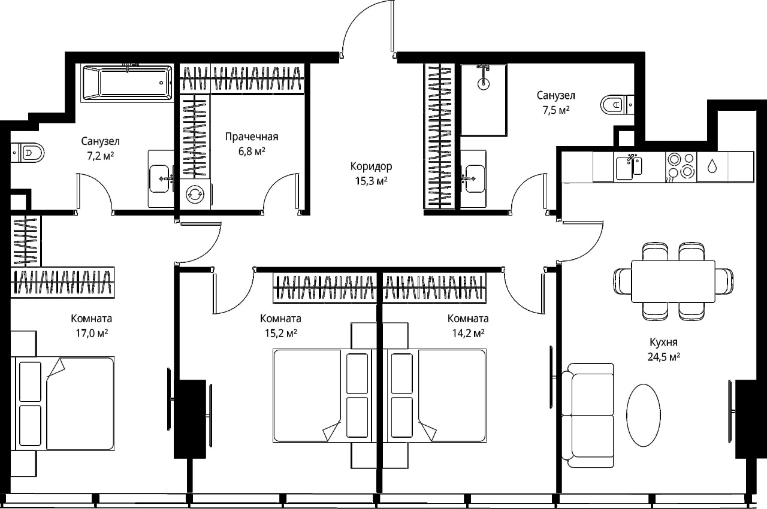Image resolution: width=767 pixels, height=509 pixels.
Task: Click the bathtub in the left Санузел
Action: pos(127,83)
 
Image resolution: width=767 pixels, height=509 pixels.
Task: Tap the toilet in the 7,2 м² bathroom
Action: pos(28,153)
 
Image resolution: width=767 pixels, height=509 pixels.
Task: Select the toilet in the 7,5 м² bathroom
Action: pos(617,105)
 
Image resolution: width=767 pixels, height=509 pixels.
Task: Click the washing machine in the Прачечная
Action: pos(195,194)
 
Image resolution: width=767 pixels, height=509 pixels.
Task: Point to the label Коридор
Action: pos(371,166)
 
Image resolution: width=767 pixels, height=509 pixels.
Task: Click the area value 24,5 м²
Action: pos(663,357)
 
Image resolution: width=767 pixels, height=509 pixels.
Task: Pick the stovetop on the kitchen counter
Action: pos(681,166)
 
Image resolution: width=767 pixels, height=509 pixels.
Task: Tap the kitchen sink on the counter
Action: pos(629,168)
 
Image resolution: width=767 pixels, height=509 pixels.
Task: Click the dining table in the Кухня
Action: pos(673,281)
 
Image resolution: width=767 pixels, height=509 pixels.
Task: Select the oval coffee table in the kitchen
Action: pos(644,415)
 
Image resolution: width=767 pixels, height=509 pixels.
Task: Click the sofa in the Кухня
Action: pos(588,415)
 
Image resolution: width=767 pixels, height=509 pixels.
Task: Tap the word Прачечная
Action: pos(252,137)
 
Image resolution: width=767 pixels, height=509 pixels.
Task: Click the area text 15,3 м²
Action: pos(371,181)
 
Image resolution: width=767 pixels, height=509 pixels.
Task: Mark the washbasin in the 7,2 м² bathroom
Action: pos(159,178)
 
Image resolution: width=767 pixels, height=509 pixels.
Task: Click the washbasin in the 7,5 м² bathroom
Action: pos(474,178)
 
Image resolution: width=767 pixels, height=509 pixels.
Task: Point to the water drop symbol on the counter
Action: pos(712,166)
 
